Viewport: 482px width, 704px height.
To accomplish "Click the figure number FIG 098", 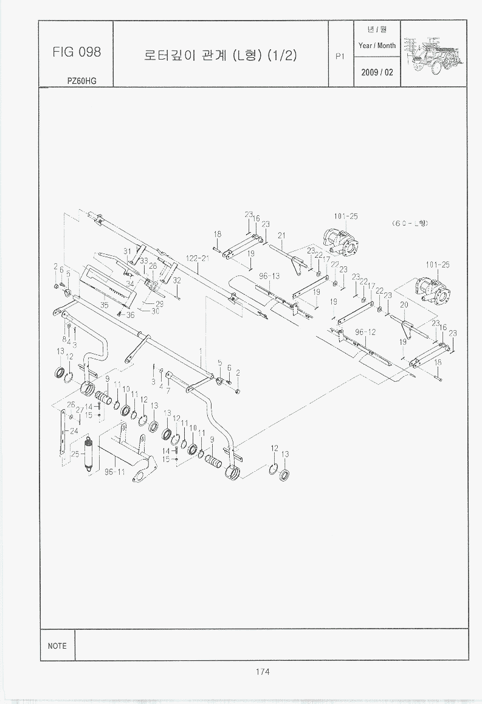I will [77, 52].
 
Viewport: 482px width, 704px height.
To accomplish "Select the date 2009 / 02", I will [377, 72].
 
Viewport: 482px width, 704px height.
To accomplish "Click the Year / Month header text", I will [377, 46].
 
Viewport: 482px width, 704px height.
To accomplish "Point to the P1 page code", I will [340, 57].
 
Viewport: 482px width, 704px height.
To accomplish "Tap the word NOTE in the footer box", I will [57, 646].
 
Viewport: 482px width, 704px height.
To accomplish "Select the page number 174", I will [263, 672].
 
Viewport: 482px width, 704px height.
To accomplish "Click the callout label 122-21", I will [198, 258].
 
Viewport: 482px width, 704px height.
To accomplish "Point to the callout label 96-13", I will [269, 275].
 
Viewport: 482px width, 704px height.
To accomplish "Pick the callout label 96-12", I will [366, 332].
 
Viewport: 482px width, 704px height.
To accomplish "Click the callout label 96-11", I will [114, 472].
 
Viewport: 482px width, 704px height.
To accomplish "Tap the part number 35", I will [105, 306].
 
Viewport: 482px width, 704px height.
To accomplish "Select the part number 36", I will [130, 315].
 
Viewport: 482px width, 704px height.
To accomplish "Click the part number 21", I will [281, 235].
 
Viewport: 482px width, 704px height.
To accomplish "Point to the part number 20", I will [403, 305].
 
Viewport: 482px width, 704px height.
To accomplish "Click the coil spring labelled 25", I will [89, 453].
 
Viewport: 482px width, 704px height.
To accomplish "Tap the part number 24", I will [74, 430].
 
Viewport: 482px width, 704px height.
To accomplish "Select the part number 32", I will [177, 281].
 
